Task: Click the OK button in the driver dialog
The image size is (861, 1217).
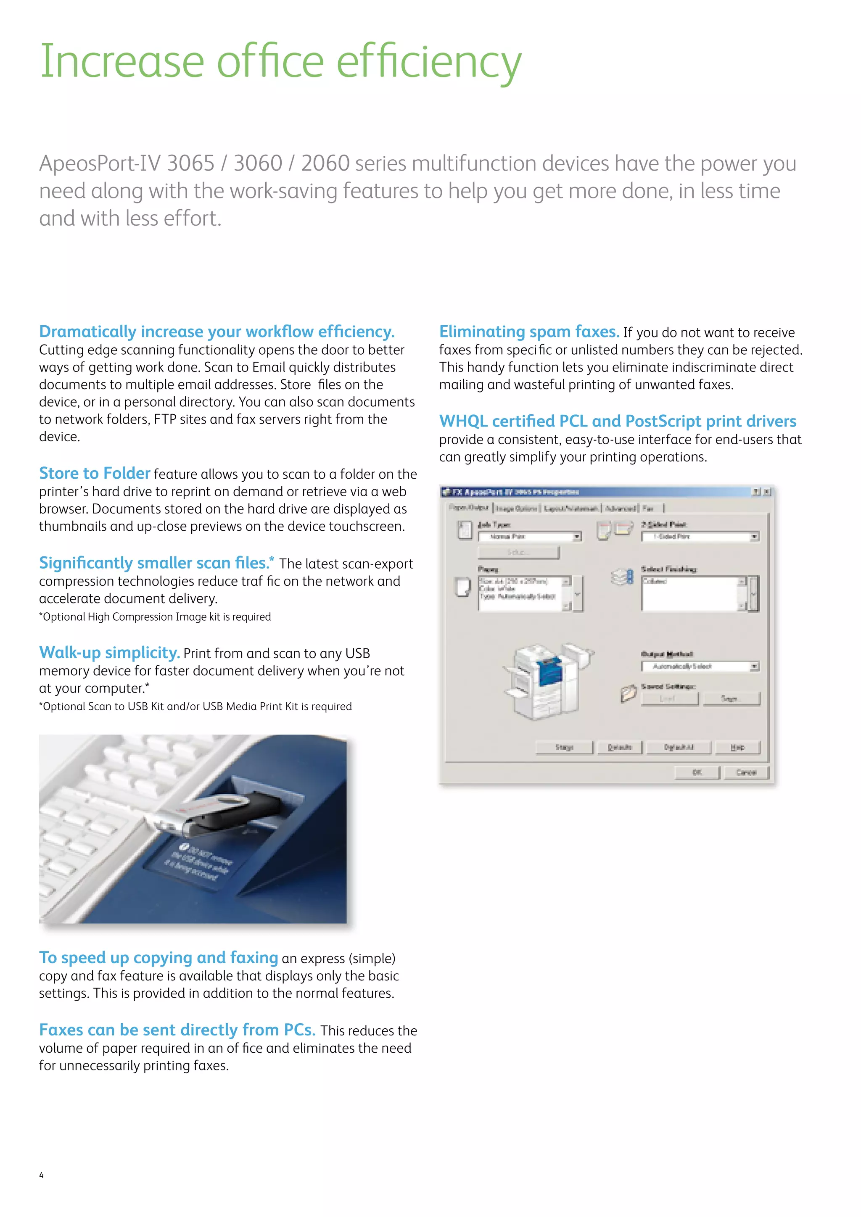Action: point(697,772)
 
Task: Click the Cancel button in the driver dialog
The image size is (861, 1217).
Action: point(746,772)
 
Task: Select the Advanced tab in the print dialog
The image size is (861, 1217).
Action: point(620,508)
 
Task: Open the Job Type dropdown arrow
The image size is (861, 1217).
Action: point(577,537)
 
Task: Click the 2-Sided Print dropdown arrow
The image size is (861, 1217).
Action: point(754,537)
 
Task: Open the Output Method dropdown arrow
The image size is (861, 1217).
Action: point(754,666)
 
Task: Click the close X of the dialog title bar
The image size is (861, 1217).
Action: point(767,492)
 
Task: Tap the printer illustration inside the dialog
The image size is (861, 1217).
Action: point(546,681)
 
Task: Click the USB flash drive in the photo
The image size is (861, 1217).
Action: point(223,814)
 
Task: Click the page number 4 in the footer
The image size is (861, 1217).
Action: point(41,1175)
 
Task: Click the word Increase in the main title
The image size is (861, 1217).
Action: point(122,62)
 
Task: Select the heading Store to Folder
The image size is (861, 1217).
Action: point(94,473)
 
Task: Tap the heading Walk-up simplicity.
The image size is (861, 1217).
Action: point(109,652)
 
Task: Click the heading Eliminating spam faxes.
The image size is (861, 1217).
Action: point(528,331)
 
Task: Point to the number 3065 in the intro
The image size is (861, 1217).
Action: point(190,163)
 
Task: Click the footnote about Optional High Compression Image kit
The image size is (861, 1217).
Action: point(155,617)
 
